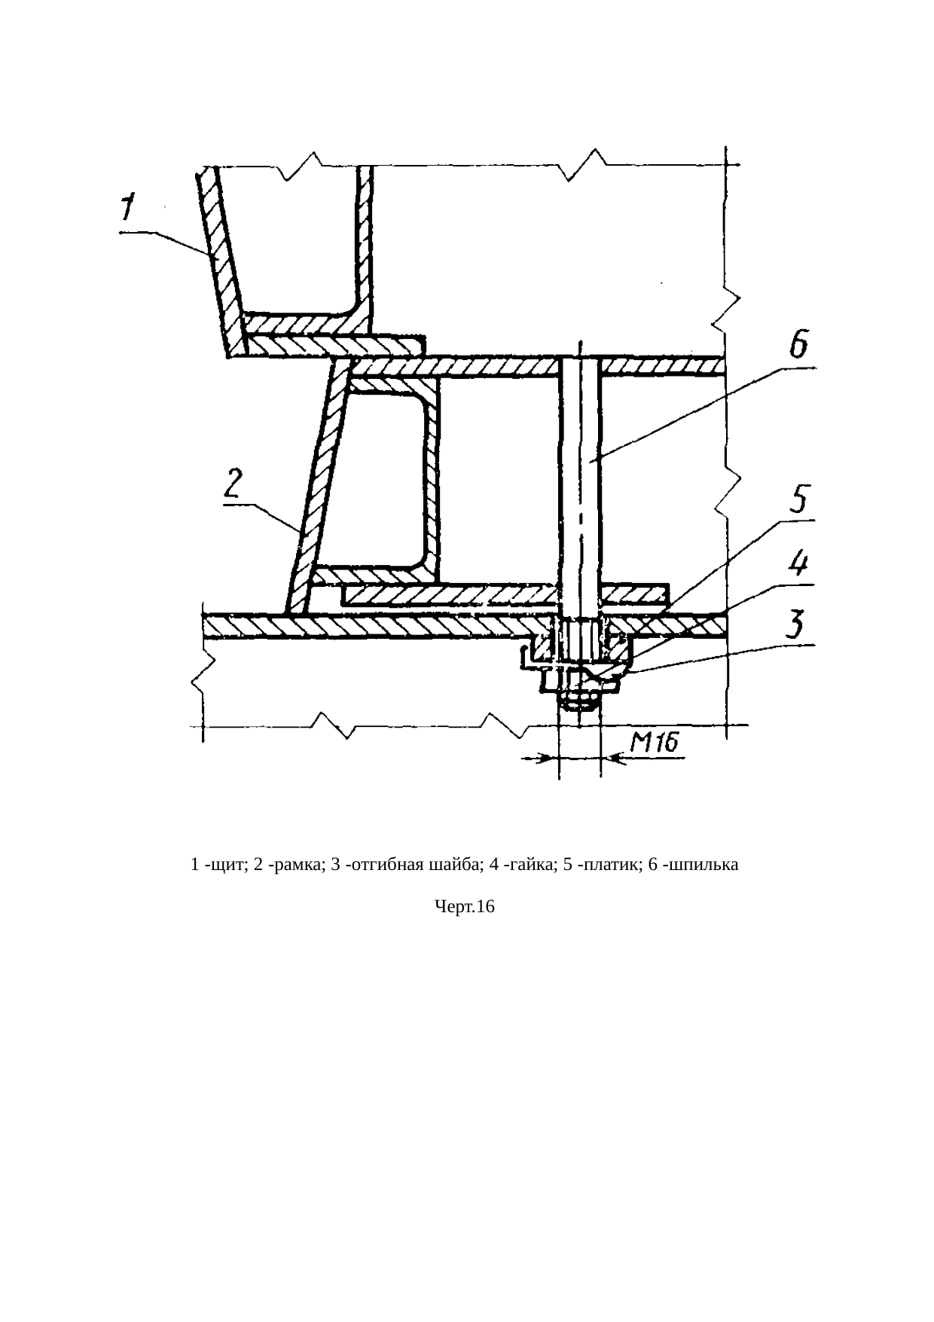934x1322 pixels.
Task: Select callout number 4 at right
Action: [798, 566]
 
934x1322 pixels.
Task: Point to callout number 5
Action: [798, 501]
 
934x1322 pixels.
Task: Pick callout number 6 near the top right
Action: [798, 348]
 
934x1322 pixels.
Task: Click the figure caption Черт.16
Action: [465, 908]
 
